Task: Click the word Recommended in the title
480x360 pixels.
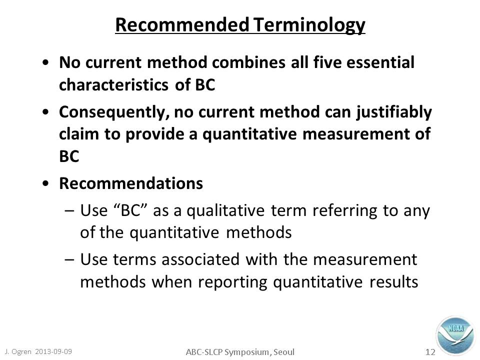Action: click(x=182, y=24)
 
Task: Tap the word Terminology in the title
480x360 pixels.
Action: click(x=309, y=25)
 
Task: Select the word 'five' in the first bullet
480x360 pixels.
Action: click(x=327, y=62)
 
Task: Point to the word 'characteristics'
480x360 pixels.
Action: click(x=113, y=84)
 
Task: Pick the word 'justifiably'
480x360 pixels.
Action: click(x=394, y=112)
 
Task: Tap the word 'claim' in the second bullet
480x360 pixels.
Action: click(x=79, y=134)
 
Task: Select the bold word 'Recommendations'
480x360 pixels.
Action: click(x=131, y=183)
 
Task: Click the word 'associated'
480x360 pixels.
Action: click(x=200, y=259)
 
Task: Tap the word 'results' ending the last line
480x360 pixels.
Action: click(x=393, y=282)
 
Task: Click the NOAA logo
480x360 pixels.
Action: click(x=455, y=336)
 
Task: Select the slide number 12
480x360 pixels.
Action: click(x=430, y=352)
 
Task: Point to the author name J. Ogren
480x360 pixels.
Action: click(x=18, y=351)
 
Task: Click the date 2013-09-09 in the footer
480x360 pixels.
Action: click(x=53, y=351)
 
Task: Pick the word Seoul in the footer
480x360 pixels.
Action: click(x=284, y=352)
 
